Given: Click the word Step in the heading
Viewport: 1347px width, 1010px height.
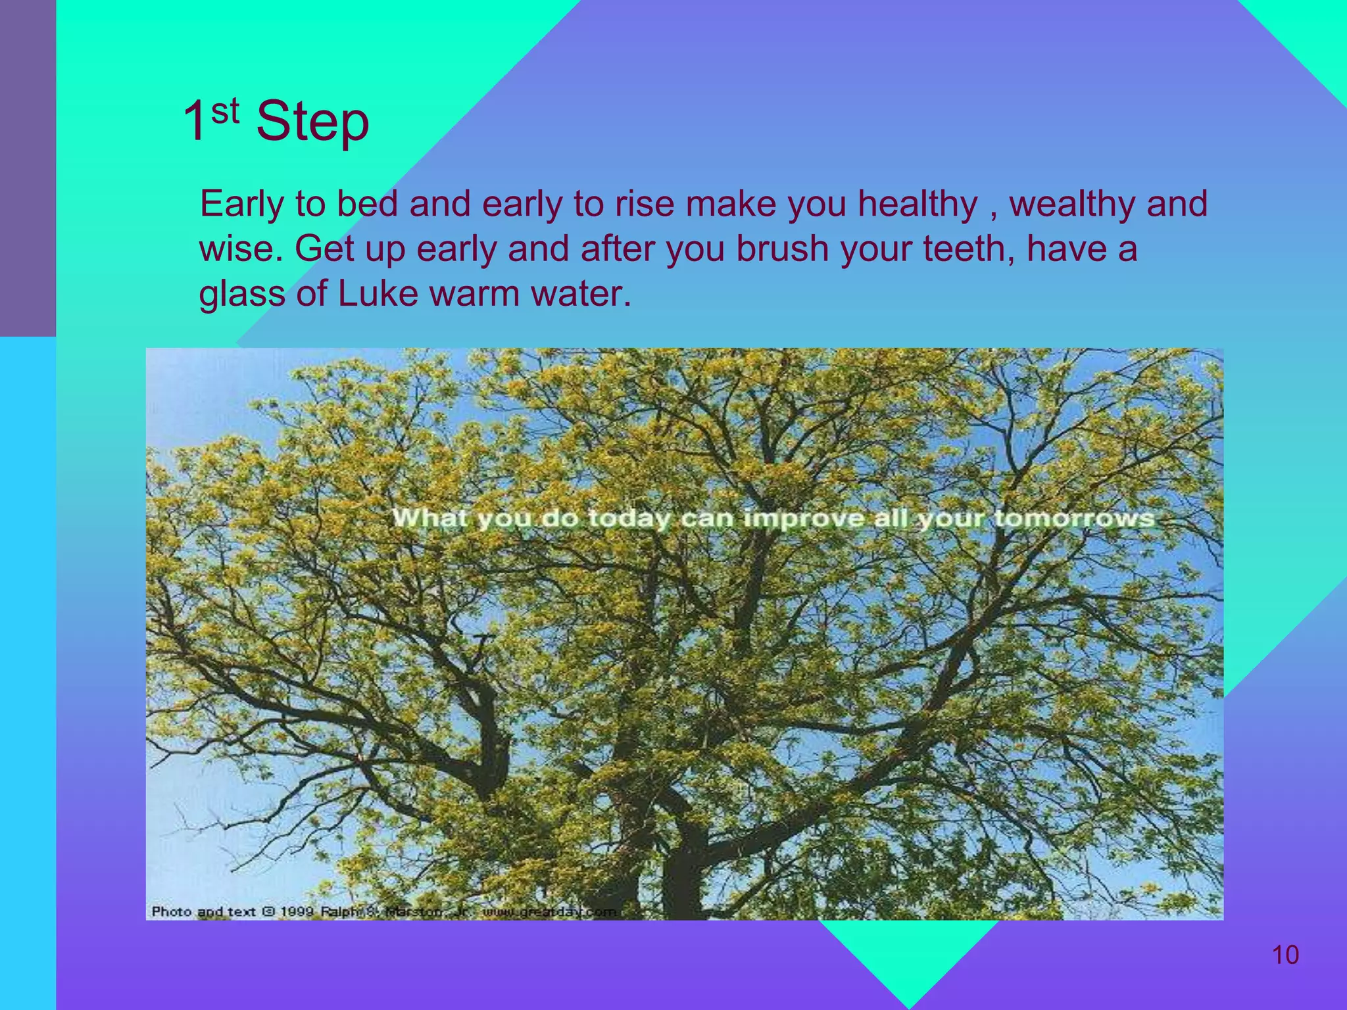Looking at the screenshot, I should click(312, 122).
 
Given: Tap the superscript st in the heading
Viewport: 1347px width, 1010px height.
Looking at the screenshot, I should click(225, 111).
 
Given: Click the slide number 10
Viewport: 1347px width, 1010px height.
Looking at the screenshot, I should click(1285, 955).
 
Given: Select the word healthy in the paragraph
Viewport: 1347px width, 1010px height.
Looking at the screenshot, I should click(918, 204).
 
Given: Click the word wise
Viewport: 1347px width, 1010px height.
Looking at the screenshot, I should click(235, 249).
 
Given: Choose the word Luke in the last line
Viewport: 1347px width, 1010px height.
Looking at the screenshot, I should click(378, 293).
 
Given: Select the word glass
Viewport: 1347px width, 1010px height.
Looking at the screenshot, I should click(242, 295).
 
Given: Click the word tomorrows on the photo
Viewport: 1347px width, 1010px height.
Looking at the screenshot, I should click(1073, 518).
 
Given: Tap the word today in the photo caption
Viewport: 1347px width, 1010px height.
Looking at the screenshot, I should click(628, 519).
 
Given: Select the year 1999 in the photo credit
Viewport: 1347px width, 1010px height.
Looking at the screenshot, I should click(297, 911).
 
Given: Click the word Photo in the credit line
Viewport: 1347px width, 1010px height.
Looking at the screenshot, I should click(171, 911).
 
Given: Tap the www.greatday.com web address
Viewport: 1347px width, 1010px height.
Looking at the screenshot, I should click(549, 912).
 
